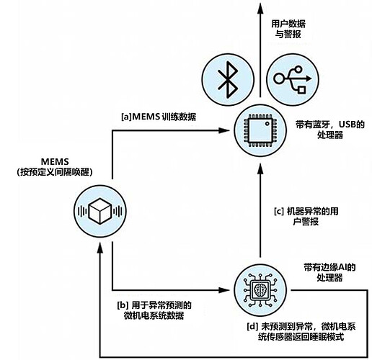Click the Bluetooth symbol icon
(228, 80)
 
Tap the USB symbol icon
(293, 80)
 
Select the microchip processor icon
(260, 130)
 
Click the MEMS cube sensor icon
(100, 211)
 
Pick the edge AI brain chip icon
(260, 290)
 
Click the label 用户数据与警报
(288, 29)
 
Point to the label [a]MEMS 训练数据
(159, 117)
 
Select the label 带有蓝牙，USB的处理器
(330, 130)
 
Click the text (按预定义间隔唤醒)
(55, 172)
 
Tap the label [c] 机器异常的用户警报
(306, 216)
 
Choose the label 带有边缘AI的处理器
(329, 272)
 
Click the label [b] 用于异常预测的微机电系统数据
(154, 310)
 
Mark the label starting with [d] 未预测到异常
(301, 332)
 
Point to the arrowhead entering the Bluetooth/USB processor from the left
(224, 130)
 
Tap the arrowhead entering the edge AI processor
(224, 290)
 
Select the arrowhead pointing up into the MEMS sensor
(100, 247)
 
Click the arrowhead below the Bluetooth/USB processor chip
(260, 168)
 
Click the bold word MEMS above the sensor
(55, 161)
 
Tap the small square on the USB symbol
(301, 89)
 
